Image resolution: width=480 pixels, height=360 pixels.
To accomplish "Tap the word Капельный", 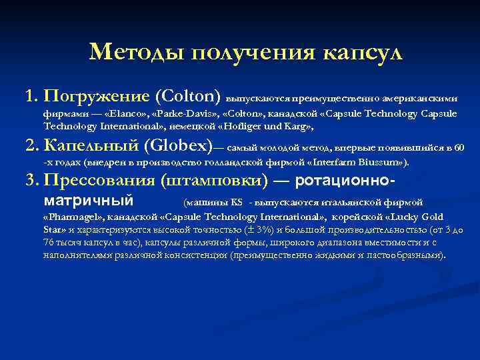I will (90, 145).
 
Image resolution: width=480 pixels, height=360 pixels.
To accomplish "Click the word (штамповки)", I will (213, 181).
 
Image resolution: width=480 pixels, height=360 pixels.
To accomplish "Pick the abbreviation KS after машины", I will (236, 201).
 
